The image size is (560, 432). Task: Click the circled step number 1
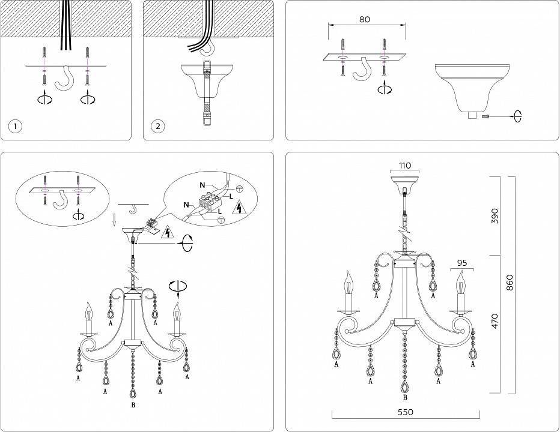pos(16,126)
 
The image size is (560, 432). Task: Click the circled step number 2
pos(158,126)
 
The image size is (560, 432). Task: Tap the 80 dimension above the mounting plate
pos(364,19)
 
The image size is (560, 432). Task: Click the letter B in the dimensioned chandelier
pos(406,398)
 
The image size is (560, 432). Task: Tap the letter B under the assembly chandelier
pos(133,406)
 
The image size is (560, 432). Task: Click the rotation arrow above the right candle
pos(177,287)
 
